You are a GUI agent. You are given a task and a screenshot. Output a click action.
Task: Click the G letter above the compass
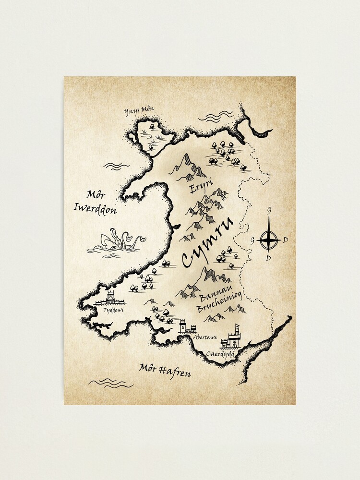(x=269, y=210)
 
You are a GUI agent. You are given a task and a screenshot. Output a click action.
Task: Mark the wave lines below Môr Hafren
(x=110, y=383)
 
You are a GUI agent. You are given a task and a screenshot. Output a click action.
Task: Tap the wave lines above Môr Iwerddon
(x=117, y=166)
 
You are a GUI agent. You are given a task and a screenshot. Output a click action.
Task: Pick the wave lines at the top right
(x=216, y=117)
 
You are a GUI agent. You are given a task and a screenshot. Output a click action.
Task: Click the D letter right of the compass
(x=286, y=239)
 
